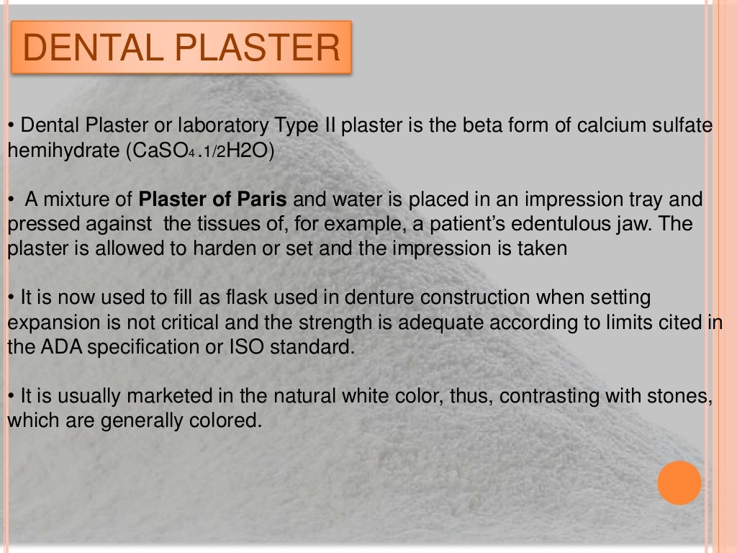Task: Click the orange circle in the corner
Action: (x=679, y=482)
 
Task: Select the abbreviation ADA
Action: (x=66, y=346)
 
